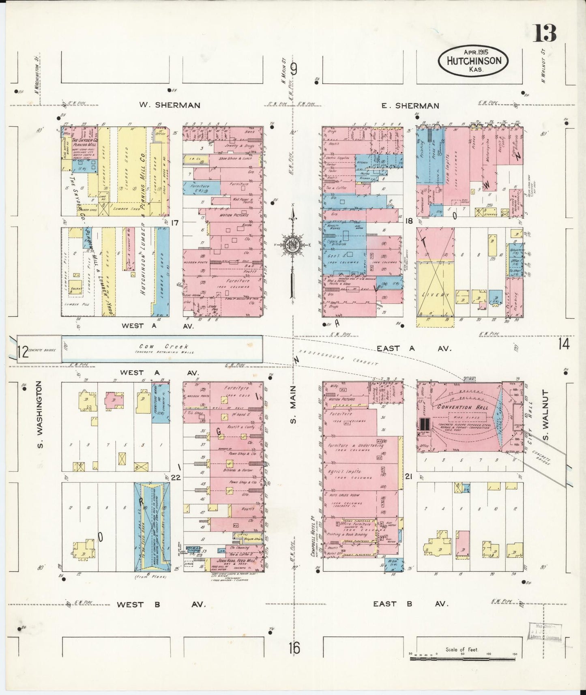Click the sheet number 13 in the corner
pos(545,33)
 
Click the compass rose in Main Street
pos(292,245)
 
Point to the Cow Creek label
pos(164,347)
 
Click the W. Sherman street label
pos(170,105)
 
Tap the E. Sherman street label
pos(410,105)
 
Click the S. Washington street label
pos(40,417)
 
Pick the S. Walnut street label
pos(545,416)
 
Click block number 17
pos(175,222)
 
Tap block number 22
pos(176,477)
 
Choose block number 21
pos(408,477)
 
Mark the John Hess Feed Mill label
pos(236,560)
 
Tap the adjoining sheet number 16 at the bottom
pos(294,648)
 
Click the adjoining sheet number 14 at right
pos(563,344)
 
